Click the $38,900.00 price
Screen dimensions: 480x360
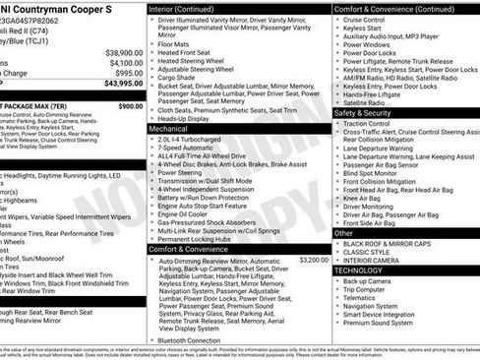(x=124, y=52)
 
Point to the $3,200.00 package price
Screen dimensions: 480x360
(x=314, y=259)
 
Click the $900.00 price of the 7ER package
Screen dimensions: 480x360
(x=130, y=105)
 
